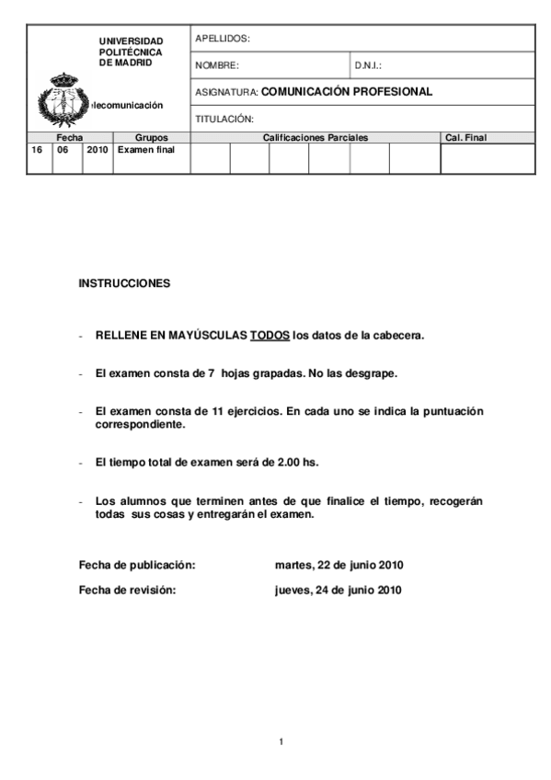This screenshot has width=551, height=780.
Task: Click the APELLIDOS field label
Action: [222, 39]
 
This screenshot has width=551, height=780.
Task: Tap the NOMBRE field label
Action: [216, 66]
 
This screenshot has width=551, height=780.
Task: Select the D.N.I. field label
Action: [368, 66]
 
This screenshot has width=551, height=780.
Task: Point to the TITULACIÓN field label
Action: [224, 120]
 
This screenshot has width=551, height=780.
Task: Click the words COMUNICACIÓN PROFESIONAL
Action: [347, 92]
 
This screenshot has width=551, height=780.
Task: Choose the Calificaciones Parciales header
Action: [315, 138]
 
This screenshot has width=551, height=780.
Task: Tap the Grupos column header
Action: [152, 138]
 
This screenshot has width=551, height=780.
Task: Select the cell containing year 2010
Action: [98, 149]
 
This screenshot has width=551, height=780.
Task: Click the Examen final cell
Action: [145, 149]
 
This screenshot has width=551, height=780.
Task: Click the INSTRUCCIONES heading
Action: [124, 283]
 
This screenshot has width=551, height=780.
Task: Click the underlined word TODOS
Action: [270, 336]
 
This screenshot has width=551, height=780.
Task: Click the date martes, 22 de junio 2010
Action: [339, 565]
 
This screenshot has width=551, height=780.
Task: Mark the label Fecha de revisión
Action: [127, 591]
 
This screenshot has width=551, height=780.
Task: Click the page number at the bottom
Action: [281, 740]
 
